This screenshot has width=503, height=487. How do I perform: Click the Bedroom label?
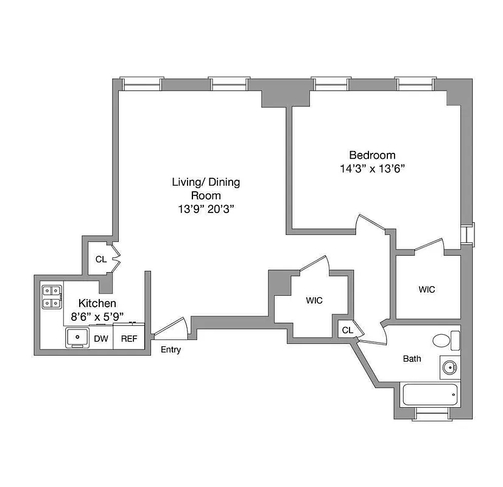[x=371, y=155]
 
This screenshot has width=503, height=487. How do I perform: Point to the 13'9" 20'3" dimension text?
[x=206, y=209]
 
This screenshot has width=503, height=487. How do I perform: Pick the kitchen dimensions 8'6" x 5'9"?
[x=97, y=316]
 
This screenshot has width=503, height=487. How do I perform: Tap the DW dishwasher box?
[x=101, y=338]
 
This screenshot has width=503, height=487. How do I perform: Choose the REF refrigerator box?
[x=128, y=338]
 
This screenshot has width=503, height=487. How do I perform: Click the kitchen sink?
[x=77, y=337]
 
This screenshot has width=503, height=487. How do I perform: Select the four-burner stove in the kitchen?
[x=51, y=296]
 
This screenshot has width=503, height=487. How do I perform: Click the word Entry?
[x=171, y=350]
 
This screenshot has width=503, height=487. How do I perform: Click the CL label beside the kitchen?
[x=101, y=259]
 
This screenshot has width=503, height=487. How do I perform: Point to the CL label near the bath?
[x=347, y=330]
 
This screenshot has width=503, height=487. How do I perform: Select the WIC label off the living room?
[x=314, y=300]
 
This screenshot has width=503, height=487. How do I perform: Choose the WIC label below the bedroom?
[x=427, y=290]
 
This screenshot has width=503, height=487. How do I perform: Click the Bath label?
[x=412, y=359]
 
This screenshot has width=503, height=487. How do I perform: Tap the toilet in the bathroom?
[x=443, y=340]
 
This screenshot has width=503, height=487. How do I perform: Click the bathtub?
[x=429, y=394]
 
